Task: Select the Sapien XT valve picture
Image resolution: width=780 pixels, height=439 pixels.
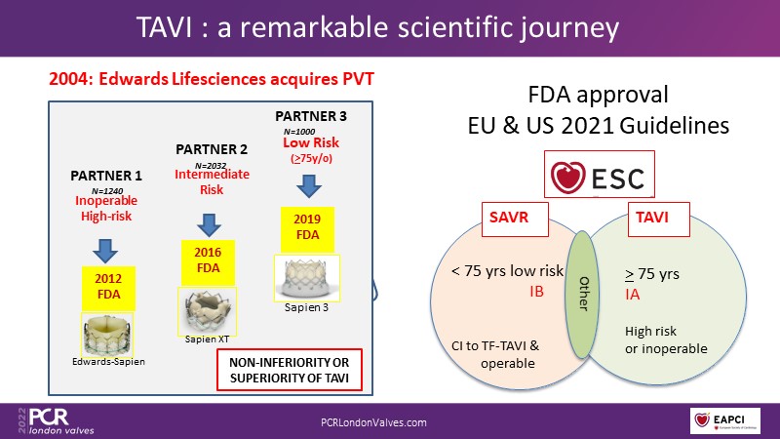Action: pyautogui.click(x=204, y=310)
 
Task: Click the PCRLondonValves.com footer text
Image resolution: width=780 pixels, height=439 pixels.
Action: pyautogui.click(x=374, y=421)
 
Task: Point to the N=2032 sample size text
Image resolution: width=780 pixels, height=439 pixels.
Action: pyautogui.click(x=209, y=166)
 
